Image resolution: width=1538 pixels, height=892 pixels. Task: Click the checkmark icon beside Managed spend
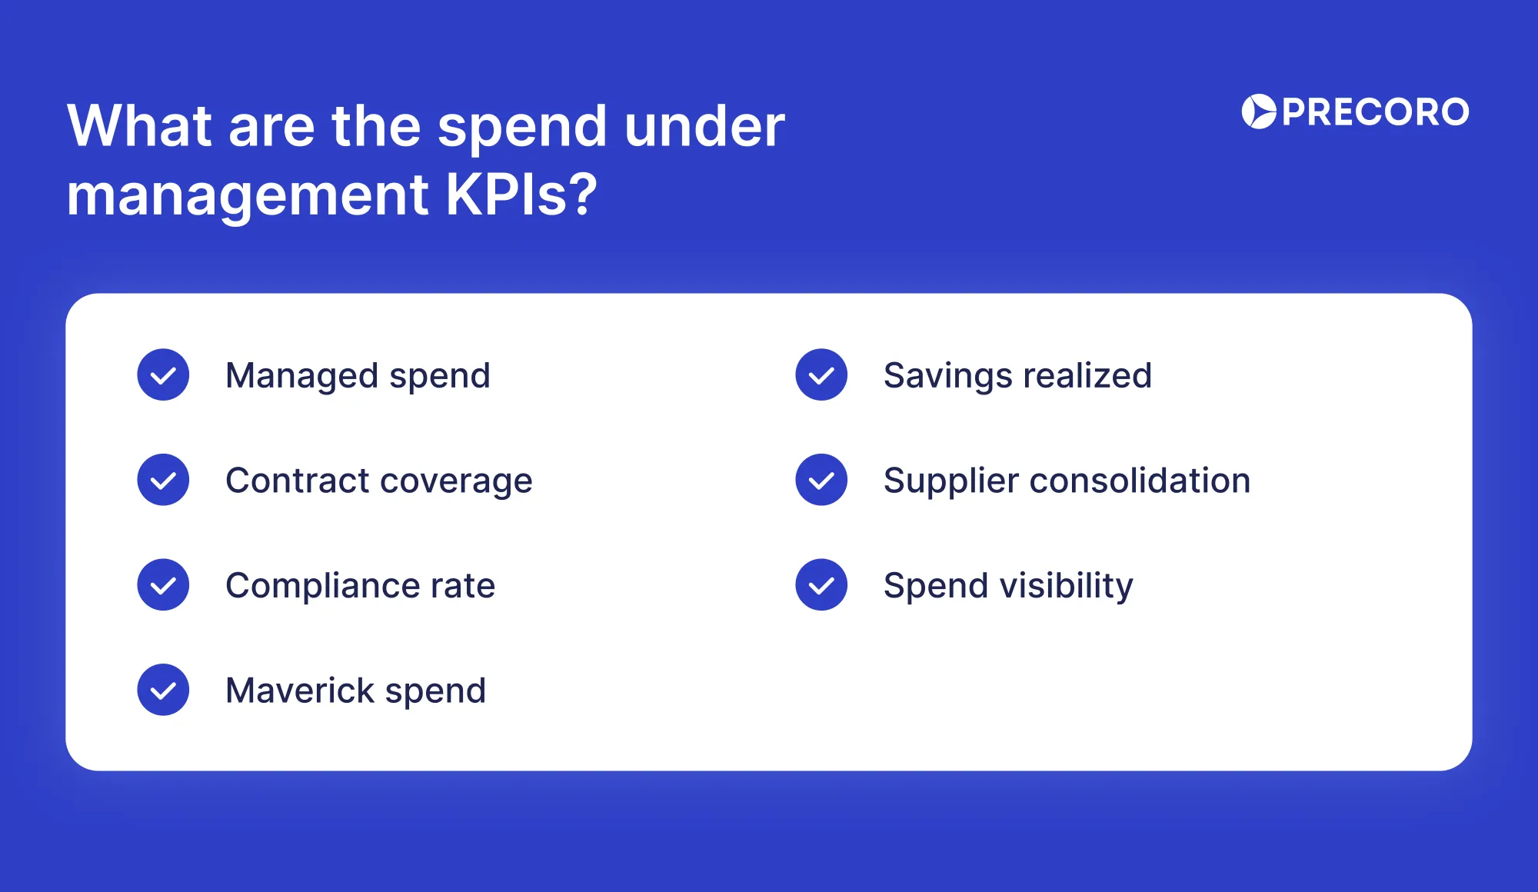(x=163, y=374)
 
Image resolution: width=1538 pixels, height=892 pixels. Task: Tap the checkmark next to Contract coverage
(x=163, y=480)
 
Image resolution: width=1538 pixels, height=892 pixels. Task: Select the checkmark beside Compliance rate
(x=163, y=584)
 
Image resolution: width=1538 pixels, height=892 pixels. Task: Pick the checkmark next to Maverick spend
(x=163, y=690)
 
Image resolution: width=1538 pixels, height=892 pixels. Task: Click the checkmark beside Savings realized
(x=821, y=374)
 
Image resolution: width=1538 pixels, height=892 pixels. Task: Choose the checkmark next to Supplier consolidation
(x=821, y=480)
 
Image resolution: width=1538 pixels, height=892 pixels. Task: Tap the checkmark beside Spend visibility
(x=821, y=584)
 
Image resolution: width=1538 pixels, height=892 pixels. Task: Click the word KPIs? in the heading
(x=521, y=195)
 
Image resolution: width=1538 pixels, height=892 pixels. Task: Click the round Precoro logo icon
(x=1259, y=111)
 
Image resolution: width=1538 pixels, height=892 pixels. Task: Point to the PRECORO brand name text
(x=1376, y=112)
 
